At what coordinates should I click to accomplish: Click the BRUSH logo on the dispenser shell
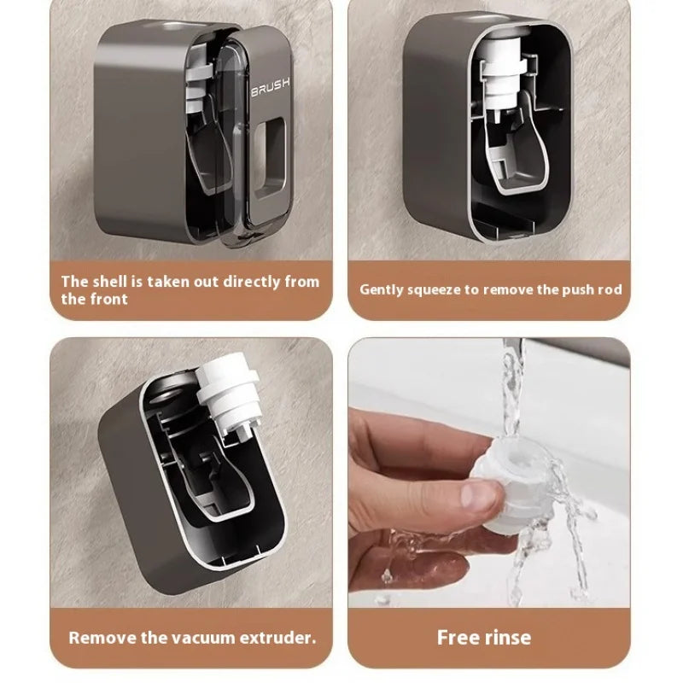pyautogui.click(x=270, y=89)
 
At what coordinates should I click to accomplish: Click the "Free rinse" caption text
pyautogui.click(x=484, y=637)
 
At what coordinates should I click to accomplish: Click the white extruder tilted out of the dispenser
pyautogui.click(x=226, y=397)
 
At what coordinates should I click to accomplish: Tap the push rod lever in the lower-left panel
pyautogui.click(x=216, y=478)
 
